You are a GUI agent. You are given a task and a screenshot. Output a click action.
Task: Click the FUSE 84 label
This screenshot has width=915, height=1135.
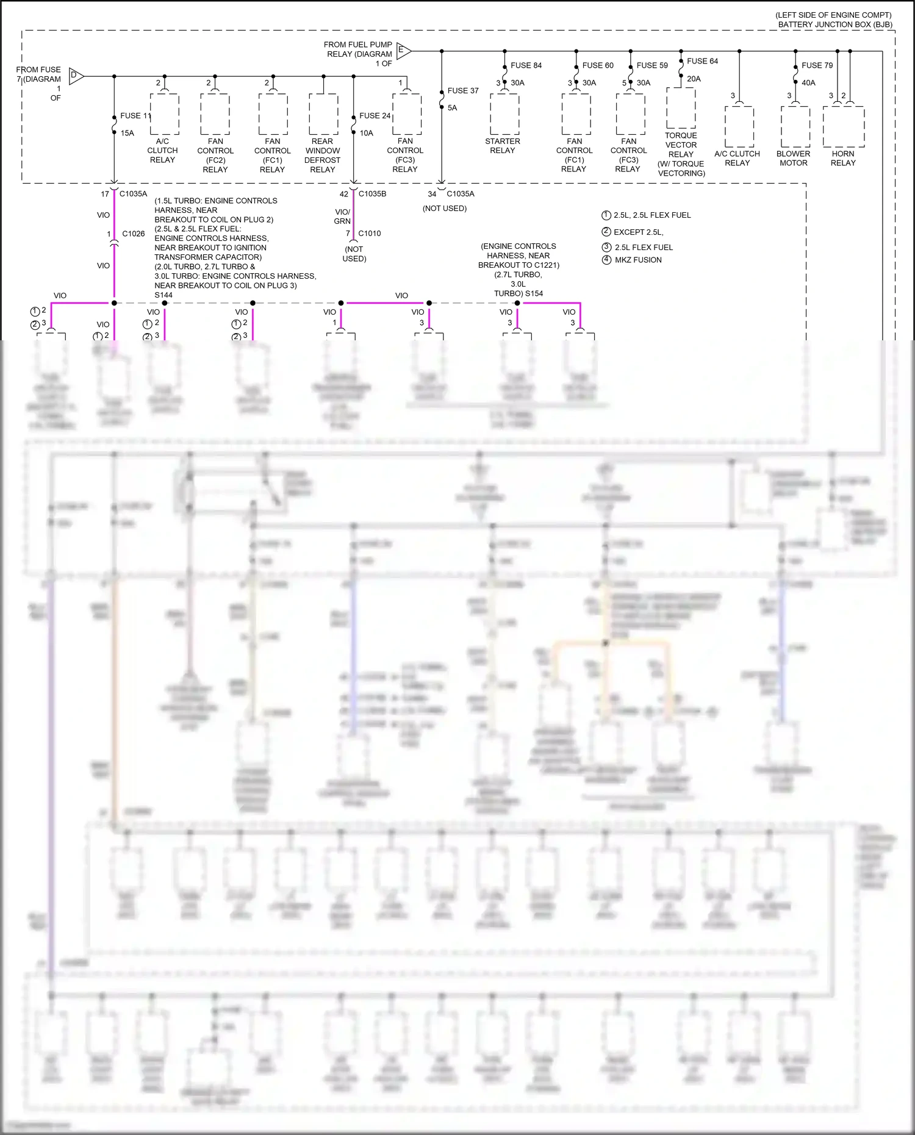click(526, 65)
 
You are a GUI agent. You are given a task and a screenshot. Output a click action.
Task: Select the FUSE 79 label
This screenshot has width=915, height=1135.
click(817, 65)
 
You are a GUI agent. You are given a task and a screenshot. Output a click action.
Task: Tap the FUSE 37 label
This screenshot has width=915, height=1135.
click(463, 91)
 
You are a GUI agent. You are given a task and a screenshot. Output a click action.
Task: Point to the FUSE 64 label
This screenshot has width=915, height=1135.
click(702, 61)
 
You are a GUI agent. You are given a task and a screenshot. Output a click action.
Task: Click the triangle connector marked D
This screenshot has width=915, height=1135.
click(76, 76)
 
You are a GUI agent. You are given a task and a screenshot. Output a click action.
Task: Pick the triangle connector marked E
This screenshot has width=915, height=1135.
click(403, 51)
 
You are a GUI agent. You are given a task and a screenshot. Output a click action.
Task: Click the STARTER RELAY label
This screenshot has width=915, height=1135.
click(503, 146)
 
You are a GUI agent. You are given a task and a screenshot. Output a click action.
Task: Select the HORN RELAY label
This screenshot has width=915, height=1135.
click(843, 159)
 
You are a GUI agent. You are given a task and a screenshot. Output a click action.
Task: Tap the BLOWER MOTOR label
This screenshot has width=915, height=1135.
click(793, 159)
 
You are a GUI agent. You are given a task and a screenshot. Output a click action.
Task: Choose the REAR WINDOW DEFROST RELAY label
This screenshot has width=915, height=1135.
click(323, 156)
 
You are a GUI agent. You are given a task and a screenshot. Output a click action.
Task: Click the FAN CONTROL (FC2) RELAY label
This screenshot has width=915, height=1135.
click(215, 156)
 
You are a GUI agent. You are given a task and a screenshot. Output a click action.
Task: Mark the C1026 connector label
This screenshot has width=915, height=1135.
click(134, 234)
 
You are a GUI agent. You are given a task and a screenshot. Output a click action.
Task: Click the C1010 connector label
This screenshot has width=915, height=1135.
click(370, 234)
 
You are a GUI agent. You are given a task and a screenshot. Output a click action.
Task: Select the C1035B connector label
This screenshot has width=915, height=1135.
click(372, 194)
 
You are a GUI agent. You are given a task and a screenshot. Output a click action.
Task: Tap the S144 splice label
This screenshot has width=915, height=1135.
click(163, 295)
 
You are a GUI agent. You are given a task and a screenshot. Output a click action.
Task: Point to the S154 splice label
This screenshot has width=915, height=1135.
click(534, 293)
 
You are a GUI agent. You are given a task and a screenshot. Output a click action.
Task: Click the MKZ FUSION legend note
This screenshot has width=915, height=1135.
click(638, 260)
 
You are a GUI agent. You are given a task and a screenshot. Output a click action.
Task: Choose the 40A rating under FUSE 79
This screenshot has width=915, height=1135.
click(808, 83)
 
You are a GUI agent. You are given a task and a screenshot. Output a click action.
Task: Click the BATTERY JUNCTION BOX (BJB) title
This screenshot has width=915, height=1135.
click(835, 25)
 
